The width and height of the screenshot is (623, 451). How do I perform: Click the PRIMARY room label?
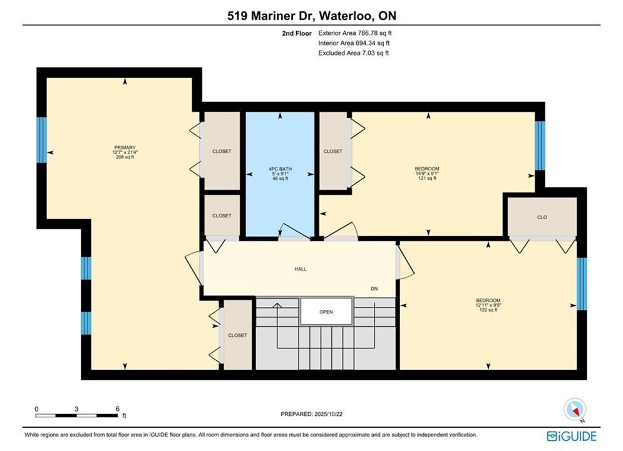(125, 147)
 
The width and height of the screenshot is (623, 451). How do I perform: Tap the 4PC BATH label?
(280, 169)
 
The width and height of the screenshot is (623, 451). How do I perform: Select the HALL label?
(301, 269)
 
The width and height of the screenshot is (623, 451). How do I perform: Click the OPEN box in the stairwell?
(326, 311)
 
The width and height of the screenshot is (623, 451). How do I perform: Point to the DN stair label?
(374, 289)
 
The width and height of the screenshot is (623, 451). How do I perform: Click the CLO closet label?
(542, 217)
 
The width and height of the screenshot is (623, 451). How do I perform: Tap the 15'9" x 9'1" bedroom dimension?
(427, 174)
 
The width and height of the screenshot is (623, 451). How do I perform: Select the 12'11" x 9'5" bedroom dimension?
(488, 305)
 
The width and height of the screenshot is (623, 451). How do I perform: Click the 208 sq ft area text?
(125, 157)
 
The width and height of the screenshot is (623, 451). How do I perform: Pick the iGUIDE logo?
(572, 437)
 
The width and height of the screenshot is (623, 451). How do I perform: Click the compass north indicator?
(575, 409)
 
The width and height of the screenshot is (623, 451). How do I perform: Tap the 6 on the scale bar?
(118, 408)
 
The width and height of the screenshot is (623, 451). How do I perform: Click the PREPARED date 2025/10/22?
(328, 414)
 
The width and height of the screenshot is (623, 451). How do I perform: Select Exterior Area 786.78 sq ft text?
(355, 33)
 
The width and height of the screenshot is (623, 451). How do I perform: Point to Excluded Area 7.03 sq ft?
(354, 53)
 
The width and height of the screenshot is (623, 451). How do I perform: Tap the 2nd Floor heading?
(297, 33)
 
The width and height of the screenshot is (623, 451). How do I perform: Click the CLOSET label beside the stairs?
(237, 335)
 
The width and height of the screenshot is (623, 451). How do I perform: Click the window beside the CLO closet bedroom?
(581, 284)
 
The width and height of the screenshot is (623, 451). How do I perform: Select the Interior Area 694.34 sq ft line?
(354, 43)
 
